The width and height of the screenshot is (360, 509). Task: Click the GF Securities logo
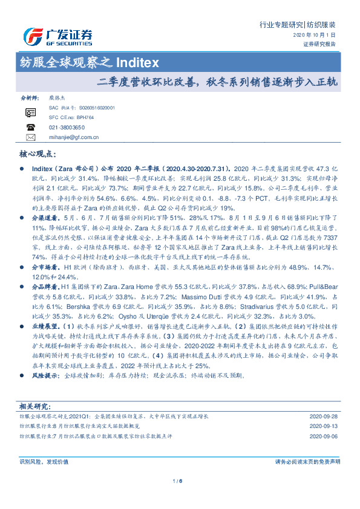(57, 37)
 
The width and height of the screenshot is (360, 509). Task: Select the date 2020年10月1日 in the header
(318, 36)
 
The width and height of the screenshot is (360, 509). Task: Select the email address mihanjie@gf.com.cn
(74, 138)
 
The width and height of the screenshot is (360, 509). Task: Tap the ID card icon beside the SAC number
(31, 112)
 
